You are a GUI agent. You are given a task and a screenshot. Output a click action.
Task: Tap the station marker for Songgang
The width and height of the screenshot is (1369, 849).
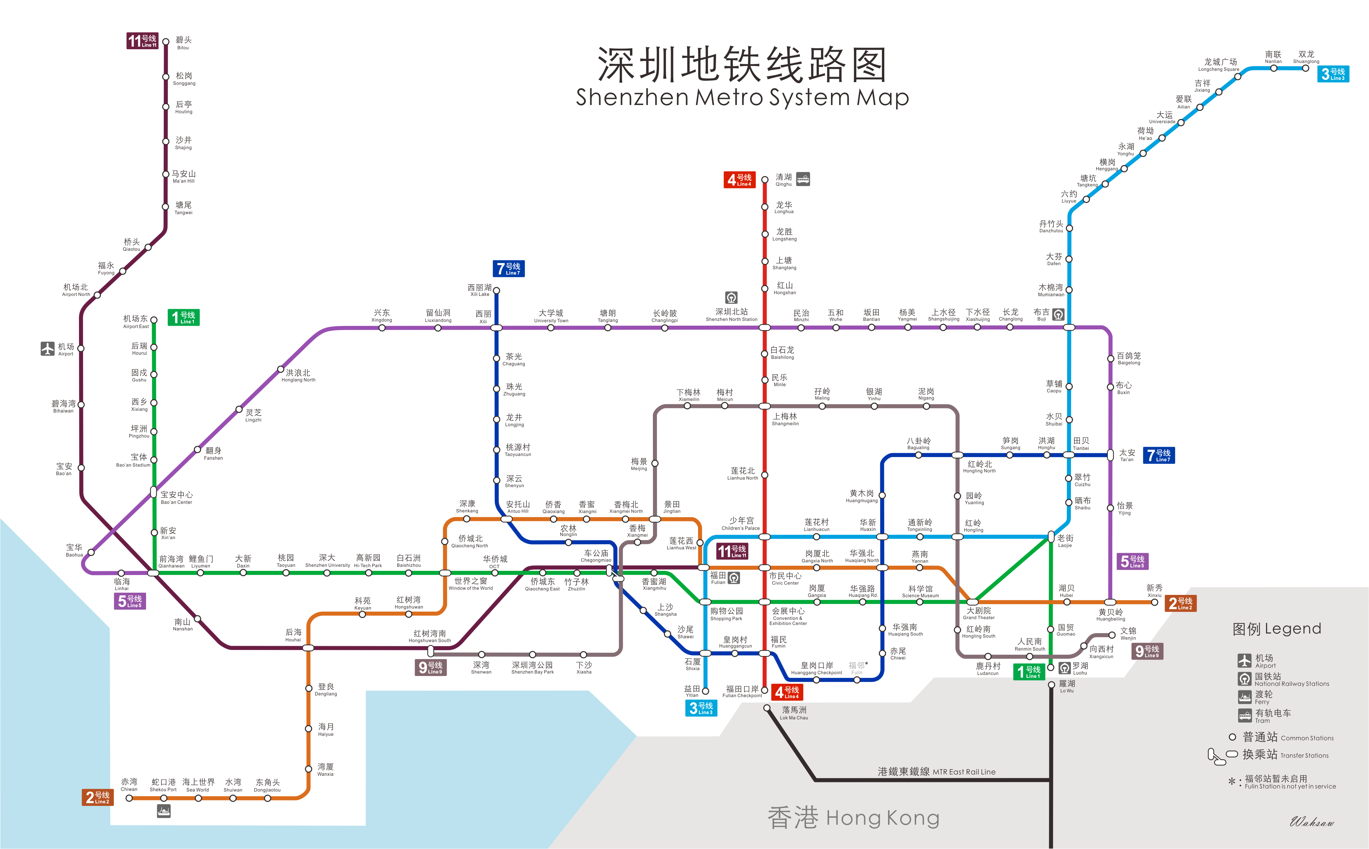tap(165, 77)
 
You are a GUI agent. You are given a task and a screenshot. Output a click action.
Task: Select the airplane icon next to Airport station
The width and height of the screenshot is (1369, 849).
tap(48, 349)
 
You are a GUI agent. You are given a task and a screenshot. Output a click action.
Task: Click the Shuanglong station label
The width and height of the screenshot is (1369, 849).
tap(1306, 57)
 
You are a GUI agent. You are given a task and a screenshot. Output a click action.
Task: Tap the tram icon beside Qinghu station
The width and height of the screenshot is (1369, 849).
tap(803, 179)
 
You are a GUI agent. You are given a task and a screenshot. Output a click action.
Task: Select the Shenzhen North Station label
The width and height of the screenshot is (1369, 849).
tap(731, 314)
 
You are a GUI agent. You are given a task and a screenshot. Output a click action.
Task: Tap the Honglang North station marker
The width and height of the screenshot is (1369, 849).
tap(281, 369)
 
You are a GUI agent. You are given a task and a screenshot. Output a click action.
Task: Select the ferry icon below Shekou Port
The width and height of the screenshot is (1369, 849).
tap(163, 811)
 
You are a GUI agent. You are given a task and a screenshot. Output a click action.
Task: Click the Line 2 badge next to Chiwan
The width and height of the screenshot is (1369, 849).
tap(98, 797)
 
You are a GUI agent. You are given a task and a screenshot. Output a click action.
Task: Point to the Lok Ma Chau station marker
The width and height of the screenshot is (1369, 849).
tap(767, 708)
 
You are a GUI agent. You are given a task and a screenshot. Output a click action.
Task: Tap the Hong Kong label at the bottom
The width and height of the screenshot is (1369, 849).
tap(853, 818)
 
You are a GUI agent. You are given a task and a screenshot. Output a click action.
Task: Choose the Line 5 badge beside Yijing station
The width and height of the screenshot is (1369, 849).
tap(1133, 561)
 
